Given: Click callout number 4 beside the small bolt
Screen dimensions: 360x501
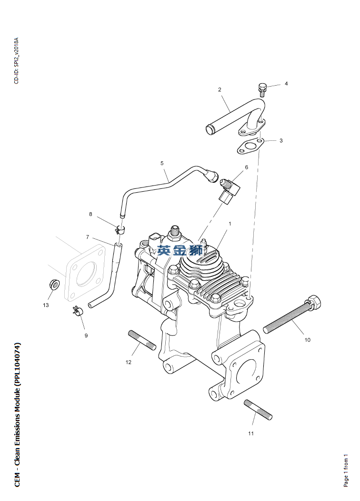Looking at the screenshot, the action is (x=286, y=84).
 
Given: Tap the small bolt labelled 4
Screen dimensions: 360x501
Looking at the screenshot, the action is (x=262, y=90).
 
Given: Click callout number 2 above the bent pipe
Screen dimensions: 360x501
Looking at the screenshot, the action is (x=220, y=90).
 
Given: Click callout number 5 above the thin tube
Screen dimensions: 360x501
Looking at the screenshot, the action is (x=162, y=163).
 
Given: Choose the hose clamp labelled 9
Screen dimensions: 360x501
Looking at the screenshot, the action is (x=78, y=310).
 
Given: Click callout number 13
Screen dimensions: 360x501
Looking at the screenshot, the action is (x=46, y=305).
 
